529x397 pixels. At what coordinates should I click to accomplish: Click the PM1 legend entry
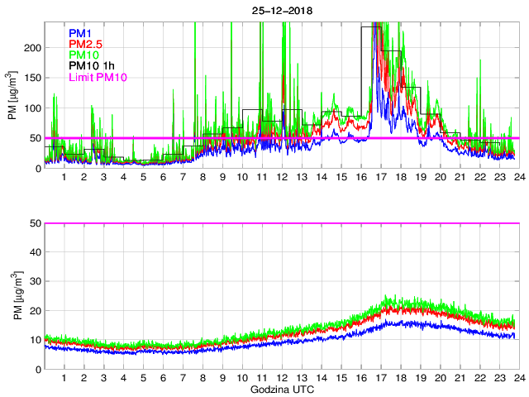tap(80, 33)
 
